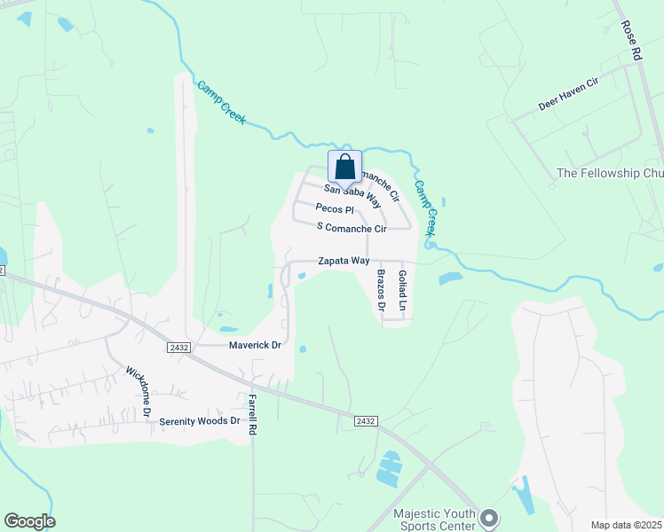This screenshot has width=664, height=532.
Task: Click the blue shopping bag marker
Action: pyautogui.click(x=344, y=167)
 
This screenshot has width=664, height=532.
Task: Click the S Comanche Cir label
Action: pyautogui.click(x=352, y=229)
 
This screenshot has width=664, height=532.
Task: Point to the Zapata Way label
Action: pyautogui.click(x=344, y=262)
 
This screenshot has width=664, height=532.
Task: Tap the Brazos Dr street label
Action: pyautogui.click(x=380, y=291)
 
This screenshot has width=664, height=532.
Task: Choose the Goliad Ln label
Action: pyautogui.click(x=401, y=291)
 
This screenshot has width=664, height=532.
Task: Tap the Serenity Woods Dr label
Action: pyautogui.click(x=200, y=420)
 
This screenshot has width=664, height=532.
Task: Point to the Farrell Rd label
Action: pyautogui.click(x=252, y=414)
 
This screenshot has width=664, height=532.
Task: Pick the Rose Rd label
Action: pyautogui.click(x=631, y=41)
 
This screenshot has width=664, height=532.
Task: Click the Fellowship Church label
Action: pyautogui.click(x=609, y=173)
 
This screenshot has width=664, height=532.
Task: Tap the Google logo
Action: pyautogui.click(x=29, y=521)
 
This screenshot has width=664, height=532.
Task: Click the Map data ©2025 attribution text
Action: pyautogui.click(x=625, y=525)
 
